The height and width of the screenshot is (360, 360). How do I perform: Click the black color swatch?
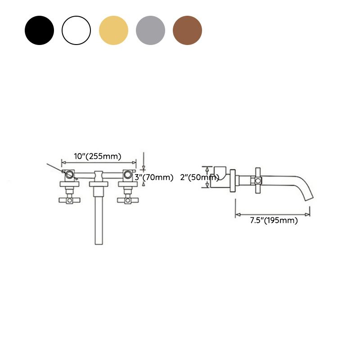(x=39, y=30)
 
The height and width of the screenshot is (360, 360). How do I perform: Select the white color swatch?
(x=76, y=30)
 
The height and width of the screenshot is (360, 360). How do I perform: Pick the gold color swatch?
(x=113, y=30)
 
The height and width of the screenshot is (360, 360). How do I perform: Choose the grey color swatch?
(x=150, y=30)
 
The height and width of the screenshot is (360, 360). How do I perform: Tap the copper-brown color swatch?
(x=187, y=30)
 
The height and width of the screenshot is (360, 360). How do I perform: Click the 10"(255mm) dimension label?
(x=98, y=156)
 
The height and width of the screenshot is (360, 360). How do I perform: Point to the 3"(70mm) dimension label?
(x=154, y=177)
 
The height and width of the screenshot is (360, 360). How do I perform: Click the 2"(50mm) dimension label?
(x=199, y=177)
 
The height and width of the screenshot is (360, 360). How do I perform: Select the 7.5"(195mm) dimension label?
(x=274, y=220)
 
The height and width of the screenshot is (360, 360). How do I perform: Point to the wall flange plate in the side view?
(x=233, y=181)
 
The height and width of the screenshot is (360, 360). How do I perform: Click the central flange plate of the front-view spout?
(x=99, y=184)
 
